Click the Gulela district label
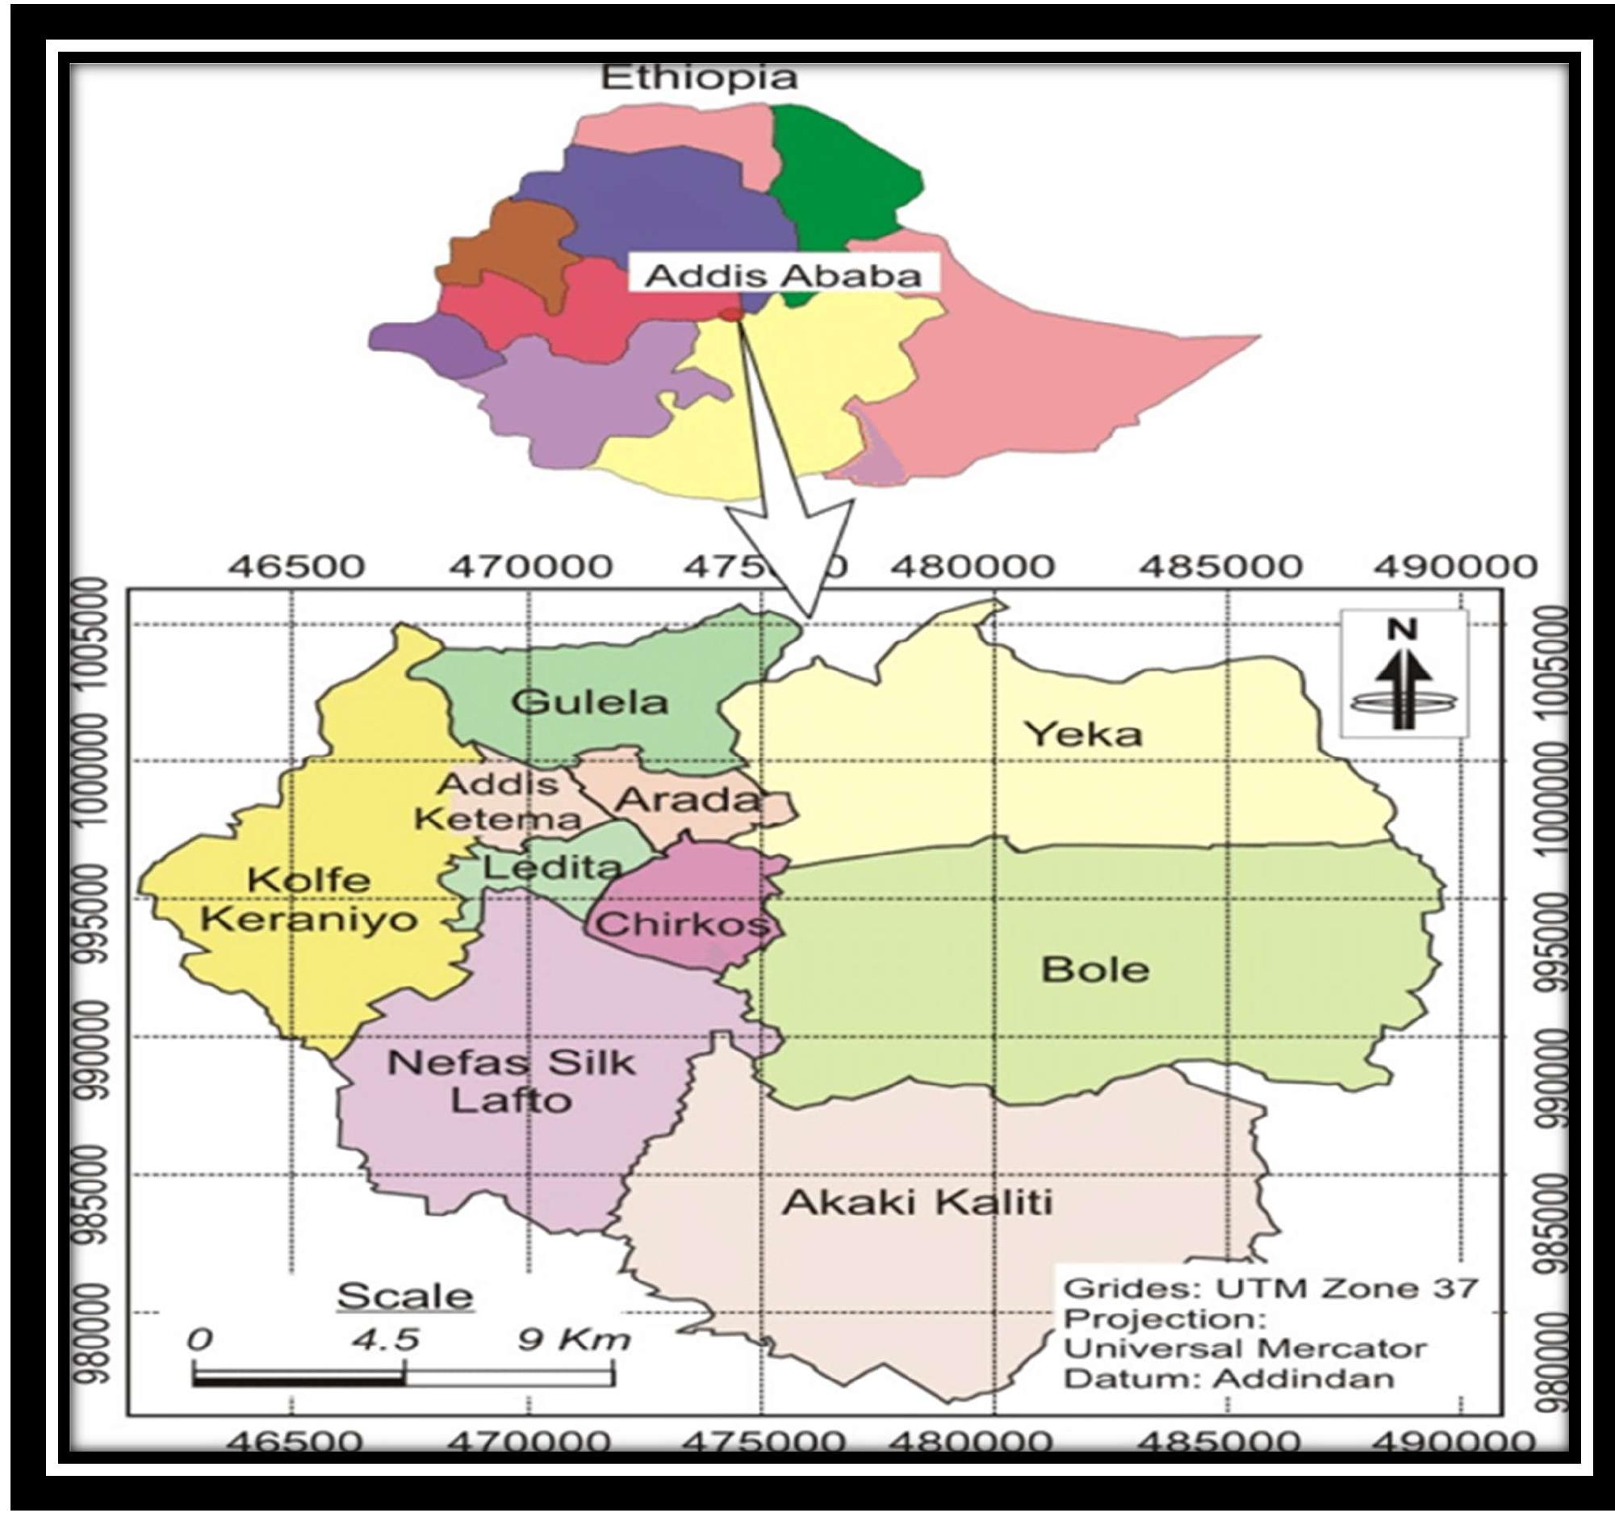589,702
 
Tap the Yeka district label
1083,735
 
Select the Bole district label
1094,970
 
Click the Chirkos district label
680,924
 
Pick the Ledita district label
551,868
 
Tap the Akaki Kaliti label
916,1202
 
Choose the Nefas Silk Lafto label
511,1082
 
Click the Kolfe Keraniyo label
308,899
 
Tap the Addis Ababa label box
783,276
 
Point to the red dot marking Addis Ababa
732,313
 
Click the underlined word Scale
404,1296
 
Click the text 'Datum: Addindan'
1228,1379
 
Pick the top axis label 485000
1228,566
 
